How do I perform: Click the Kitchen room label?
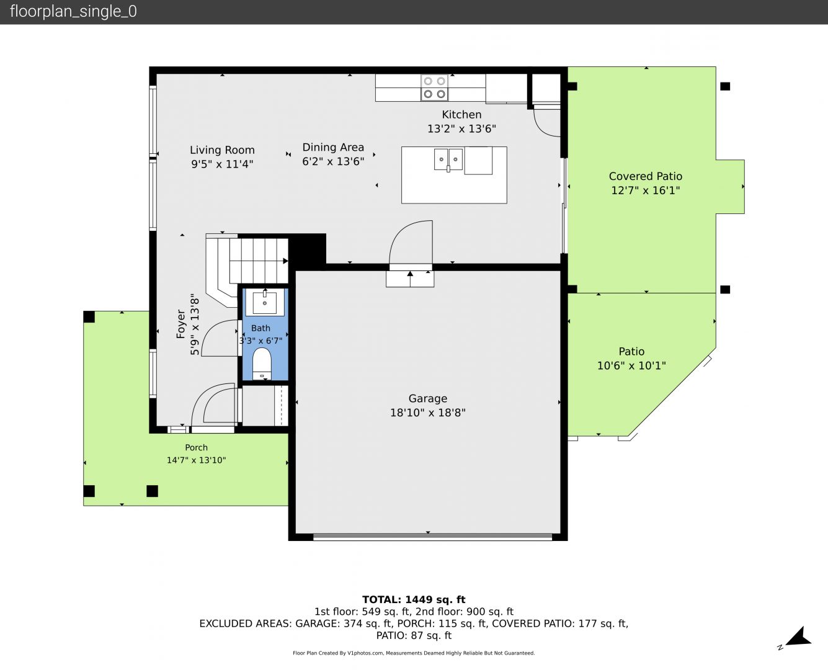pos(461,115)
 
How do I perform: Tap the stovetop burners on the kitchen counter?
pos(434,87)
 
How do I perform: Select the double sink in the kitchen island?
pos(448,159)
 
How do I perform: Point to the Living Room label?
pos(222,150)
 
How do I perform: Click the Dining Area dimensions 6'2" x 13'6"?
pos(333,161)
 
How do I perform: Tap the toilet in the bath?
pos(262,364)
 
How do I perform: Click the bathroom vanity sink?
pos(265,303)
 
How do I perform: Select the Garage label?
pos(427,398)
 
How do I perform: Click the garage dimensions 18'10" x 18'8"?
pos(427,413)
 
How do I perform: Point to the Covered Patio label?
pos(645,177)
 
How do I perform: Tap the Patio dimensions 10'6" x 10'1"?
pos(631,366)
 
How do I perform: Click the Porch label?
pos(197,447)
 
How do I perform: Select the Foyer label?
pos(180,324)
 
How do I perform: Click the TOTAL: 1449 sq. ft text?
pos(414,600)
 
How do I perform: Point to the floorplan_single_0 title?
pos(73,11)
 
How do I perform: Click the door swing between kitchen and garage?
pos(411,243)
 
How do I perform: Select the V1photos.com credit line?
pos(414,653)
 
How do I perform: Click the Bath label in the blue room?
pos(260,328)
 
